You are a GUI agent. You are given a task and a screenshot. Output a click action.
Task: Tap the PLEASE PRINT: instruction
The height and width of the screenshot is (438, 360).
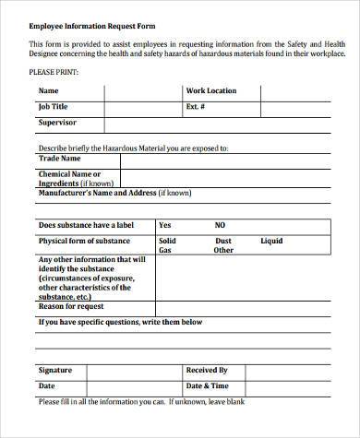coord(54,71)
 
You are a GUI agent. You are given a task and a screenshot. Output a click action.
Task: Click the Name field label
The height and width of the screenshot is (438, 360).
coord(48,91)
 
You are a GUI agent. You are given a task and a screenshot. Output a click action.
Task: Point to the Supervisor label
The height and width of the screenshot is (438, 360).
coord(57,122)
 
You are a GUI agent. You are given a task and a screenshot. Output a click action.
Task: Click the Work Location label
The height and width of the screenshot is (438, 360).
coord(210,91)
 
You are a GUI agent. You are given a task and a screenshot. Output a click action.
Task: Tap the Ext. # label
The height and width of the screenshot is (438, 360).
coord(197,106)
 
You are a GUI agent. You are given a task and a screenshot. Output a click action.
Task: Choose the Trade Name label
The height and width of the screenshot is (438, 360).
coord(59,158)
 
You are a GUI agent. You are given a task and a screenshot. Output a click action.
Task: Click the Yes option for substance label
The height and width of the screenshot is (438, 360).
coord(165,224)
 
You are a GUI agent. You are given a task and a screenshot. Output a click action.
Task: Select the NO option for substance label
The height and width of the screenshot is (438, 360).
coord(221,224)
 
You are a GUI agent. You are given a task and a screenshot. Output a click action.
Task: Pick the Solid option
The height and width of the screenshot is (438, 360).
coord(167,240)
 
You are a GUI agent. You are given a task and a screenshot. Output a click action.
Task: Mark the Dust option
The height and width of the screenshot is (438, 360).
coord(222,240)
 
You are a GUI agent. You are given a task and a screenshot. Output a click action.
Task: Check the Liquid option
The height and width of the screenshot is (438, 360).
coord(271,240)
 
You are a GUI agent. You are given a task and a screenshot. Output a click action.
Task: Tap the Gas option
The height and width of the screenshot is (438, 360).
coord(165,250)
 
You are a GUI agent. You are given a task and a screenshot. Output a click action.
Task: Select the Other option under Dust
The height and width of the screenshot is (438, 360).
coord(223,250)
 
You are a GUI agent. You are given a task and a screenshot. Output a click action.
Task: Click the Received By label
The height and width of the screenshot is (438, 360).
coord(208,370)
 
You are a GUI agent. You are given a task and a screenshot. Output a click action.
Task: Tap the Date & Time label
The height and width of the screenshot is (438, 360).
coord(208,385)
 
